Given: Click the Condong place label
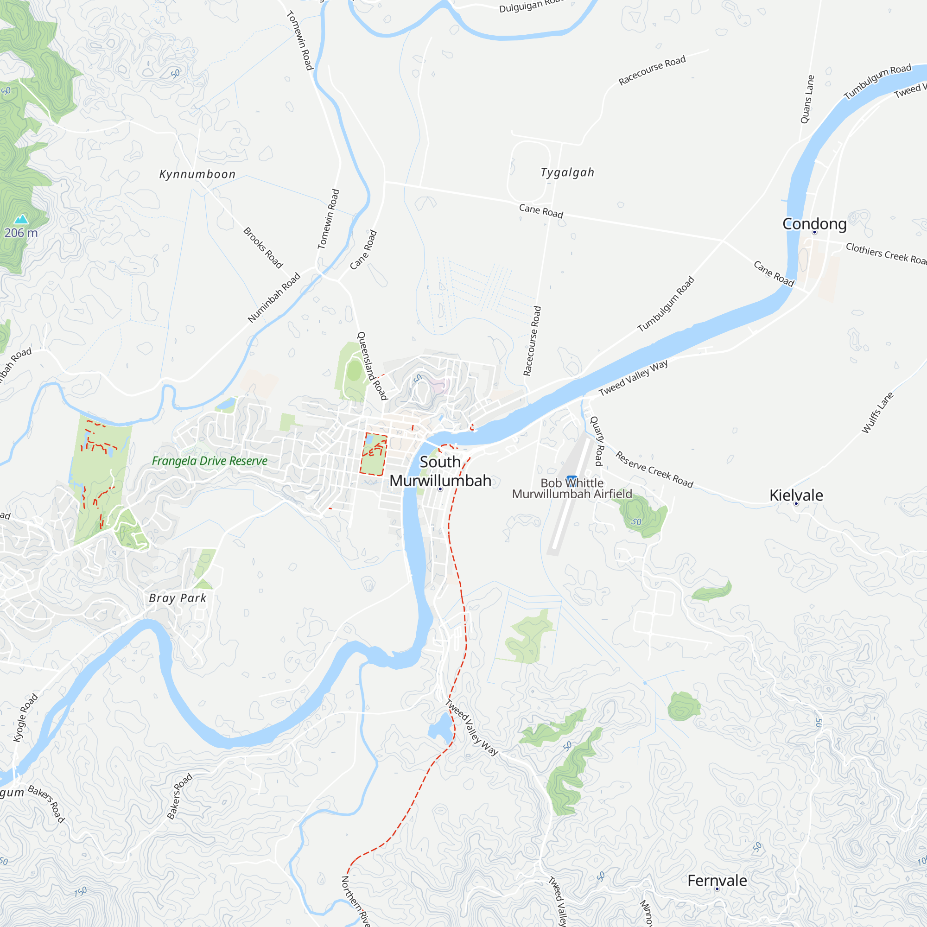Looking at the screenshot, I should click(814, 223).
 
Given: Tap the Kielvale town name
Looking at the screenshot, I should click(796, 495).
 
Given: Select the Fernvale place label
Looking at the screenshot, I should click(717, 881).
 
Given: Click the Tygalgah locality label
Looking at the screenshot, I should click(567, 172).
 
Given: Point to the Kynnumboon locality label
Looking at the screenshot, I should click(197, 174).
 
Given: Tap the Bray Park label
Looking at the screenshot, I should click(178, 598).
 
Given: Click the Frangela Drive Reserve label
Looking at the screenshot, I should click(210, 461).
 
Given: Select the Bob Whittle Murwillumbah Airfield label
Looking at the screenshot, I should click(571, 489).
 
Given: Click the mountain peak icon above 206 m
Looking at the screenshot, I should click(21, 219).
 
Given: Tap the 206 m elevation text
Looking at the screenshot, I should click(21, 233).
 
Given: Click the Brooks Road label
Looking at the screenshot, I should click(263, 248).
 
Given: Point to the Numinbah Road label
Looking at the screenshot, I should click(274, 298).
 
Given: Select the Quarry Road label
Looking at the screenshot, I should click(597, 441).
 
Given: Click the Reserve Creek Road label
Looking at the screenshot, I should click(654, 469).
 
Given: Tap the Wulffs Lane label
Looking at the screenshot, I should click(877, 413).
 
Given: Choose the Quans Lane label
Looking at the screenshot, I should click(807, 99).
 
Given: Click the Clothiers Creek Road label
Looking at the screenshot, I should click(886, 253).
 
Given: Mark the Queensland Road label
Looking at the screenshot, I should click(372, 366).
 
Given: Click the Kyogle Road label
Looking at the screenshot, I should click(25, 718).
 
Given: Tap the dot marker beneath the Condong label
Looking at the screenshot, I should click(814, 232).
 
